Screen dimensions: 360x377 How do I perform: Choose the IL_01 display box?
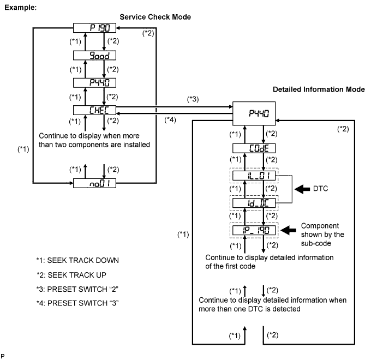[253, 176]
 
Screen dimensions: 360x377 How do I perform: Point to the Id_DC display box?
[253, 203]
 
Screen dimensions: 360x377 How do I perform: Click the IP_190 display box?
[253, 230]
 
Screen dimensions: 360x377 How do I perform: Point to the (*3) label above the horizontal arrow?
[193, 99]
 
